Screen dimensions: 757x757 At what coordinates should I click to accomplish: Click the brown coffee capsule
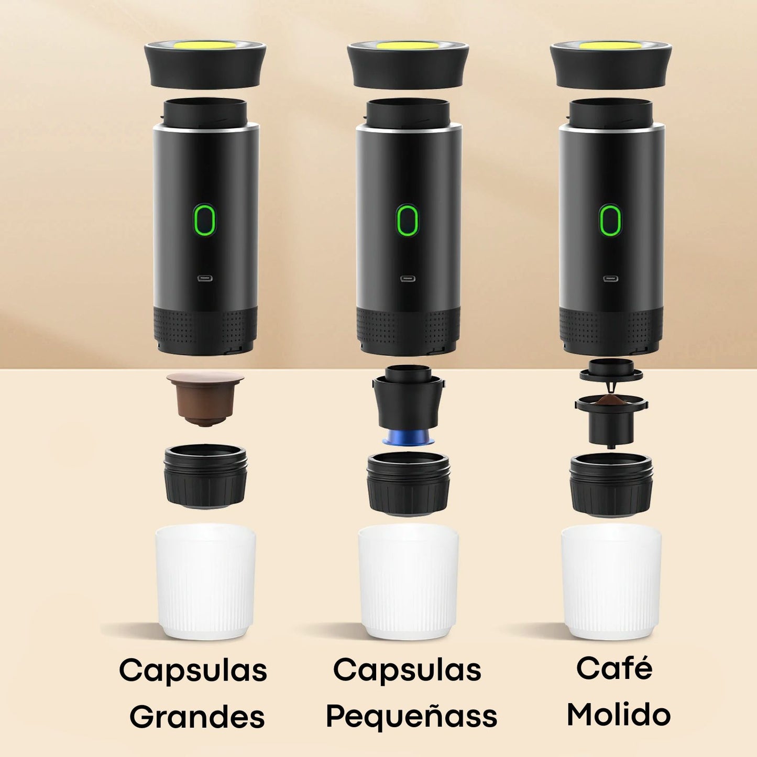pos(205,398)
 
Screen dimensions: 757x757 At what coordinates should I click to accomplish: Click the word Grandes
pos(197,717)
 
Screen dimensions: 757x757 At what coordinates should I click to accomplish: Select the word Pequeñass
pos(411,717)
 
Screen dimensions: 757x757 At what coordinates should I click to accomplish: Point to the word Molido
pos(619,715)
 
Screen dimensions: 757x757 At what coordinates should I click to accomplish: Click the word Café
pos(615,668)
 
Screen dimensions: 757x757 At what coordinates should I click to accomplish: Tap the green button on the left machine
pos(204,221)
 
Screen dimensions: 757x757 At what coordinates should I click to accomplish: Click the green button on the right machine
pos(610,221)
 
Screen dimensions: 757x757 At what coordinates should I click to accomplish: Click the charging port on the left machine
pos(205,278)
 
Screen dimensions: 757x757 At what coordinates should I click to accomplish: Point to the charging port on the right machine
pos(610,278)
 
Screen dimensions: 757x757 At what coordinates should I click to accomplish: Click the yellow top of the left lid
pos(205,47)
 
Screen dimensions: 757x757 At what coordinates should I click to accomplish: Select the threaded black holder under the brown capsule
pos(205,477)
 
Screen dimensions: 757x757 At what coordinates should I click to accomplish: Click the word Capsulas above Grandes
pos(193,671)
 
